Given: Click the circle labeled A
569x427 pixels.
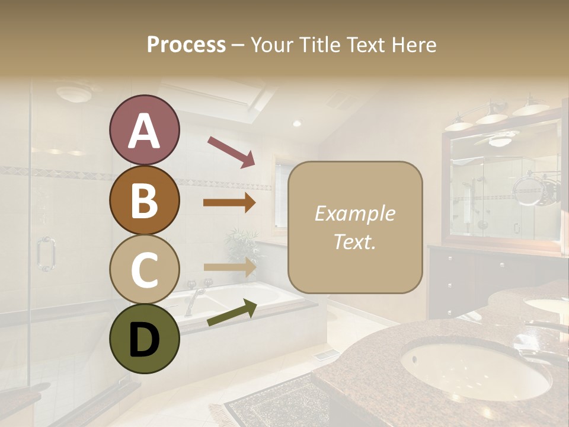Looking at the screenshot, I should pyautogui.click(x=144, y=130).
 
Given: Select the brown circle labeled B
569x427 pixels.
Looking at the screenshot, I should pyautogui.click(x=144, y=200).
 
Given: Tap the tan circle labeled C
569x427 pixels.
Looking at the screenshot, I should pyautogui.click(x=144, y=269).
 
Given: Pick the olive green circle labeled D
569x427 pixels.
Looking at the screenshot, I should pyautogui.click(x=144, y=339).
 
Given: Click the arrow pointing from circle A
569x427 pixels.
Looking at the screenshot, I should pyautogui.click(x=231, y=151).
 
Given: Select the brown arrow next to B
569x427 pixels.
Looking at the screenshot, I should pyautogui.click(x=229, y=203).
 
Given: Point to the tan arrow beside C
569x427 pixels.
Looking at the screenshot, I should pyautogui.click(x=229, y=267).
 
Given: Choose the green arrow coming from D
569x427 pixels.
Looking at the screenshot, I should pyautogui.click(x=232, y=313).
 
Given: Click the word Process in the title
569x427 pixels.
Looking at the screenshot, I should pyautogui.click(x=186, y=44).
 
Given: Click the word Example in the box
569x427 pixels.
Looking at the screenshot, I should pyautogui.click(x=354, y=213).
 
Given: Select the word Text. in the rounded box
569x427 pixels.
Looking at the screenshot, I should pyautogui.click(x=354, y=242).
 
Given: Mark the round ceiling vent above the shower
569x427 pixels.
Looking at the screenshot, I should pyautogui.click(x=74, y=93).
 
